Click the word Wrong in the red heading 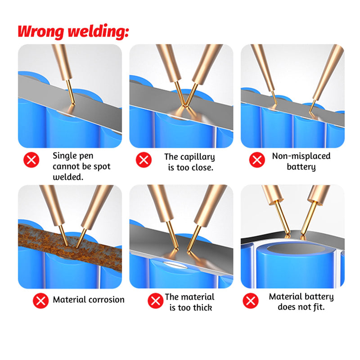pos(40,31)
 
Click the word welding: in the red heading pos(99,31)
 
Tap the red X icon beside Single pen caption pos(31,160)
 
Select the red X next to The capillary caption pos(144,160)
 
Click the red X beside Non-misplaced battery pos(257,160)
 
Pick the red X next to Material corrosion pos(40,301)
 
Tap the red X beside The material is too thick pos(155,301)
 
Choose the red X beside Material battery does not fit pos(251,301)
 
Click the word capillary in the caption pos(198,157)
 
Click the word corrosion pos(107,300)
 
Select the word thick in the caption pos(202,307)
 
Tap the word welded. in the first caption pos(68,177)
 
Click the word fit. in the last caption pos(319,307)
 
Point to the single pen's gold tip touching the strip pos(73,104)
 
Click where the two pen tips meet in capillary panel pos(184,106)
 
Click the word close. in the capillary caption pos(202,167)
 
